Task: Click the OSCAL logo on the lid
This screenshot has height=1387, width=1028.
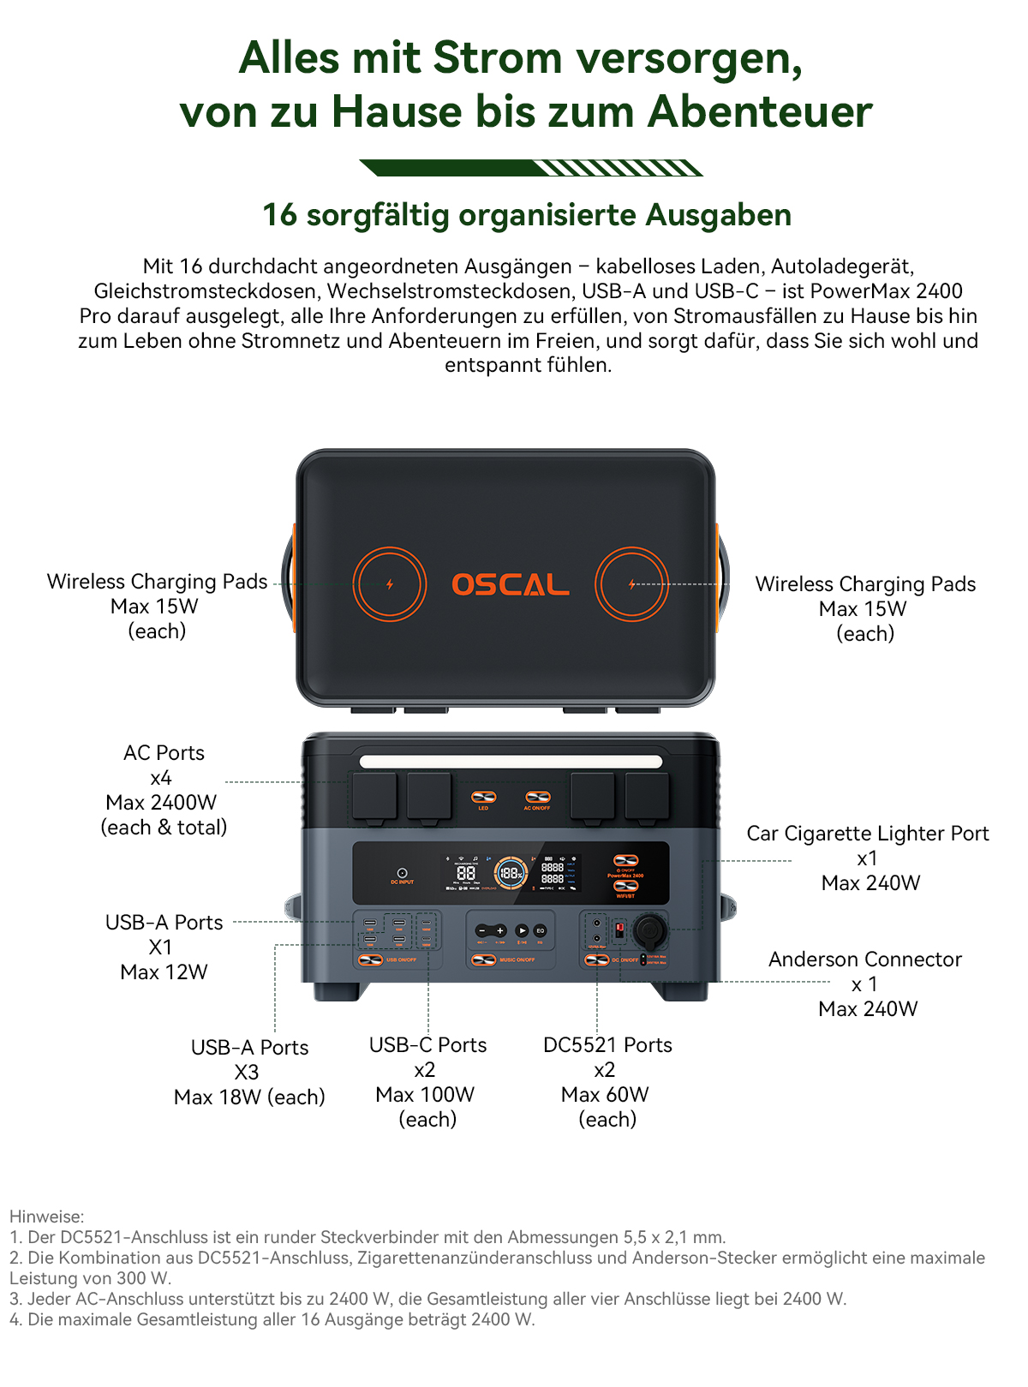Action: pyautogui.click(x=511, y=585)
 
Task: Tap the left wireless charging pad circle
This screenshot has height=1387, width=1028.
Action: pyautogui.click(x=390, y=584)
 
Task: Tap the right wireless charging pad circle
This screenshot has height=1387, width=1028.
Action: pyautogui.click(x=632, y=584)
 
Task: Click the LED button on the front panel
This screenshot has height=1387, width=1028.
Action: pyautogui.click(x=484, y=798)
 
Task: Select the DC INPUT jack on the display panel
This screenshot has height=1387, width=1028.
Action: pyautogui.click(x=402, y=872)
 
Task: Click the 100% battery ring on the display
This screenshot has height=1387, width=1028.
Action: pyautogui.click(x=511, y=873)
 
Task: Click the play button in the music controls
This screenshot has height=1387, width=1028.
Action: pyautogui.click(x=522, y=930)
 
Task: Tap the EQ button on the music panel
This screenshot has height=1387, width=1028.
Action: pyautogui.click(x=541, y=930)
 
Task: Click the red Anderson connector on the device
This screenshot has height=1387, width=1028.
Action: pyautogui.click(x=619, y=930)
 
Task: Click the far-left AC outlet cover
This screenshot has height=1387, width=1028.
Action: pyautogui.click(x=374, y=796)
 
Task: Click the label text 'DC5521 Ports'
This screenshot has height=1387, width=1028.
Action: pyautogui.click(x=607, y=1045)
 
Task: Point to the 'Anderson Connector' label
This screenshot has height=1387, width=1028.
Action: pyautogui.click(x=864, y=960)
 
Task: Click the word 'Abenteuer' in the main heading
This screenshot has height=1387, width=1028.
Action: pyautogui.click(x=760, y=111)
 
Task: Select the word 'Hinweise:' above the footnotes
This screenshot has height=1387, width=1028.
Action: pyautogui.click(x=47, y=1217)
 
